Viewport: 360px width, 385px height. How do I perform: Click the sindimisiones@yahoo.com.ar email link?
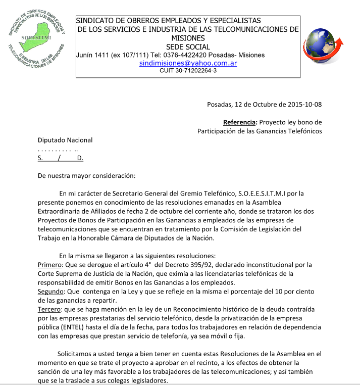click(x=188, y=63)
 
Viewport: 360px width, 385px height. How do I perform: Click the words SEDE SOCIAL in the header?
click(x=188, y=46)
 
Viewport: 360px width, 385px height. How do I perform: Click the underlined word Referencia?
click(x=240, y=122)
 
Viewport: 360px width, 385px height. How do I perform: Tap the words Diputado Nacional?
click(x=65, y=140)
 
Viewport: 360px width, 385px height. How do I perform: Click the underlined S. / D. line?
click(x=61, y=158)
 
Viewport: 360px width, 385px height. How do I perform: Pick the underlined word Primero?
click(x=49, y=264)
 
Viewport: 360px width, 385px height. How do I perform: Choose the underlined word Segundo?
click(x=50, y=292)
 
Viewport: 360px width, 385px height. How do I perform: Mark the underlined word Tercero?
click(x=49, y=310)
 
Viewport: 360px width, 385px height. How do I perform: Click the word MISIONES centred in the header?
click(x=188, y=38)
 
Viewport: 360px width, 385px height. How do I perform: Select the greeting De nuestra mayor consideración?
click(x=87, y=176)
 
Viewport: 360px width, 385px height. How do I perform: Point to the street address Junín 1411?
click(x=92, y=55)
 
